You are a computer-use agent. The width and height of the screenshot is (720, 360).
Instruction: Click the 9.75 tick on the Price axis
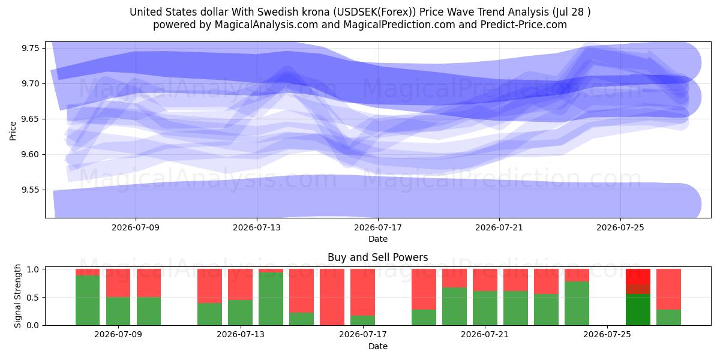[x=30, y=48]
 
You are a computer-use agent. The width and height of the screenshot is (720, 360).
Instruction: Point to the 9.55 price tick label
[x=30, y=190]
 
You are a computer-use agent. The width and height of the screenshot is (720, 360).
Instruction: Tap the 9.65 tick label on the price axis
[x=30, y=119]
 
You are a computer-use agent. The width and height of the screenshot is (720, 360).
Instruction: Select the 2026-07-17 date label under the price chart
[x=378, y=227]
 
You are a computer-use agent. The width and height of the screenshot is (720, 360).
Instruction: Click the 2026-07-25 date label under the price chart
[x=620, y=227]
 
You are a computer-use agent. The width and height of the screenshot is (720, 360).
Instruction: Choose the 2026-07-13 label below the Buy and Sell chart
[x=241, y=334]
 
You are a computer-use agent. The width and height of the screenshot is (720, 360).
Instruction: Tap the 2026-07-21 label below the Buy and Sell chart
[x=485, y=334]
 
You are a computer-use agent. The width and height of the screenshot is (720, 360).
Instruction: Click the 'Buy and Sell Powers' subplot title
[x=377, y=257]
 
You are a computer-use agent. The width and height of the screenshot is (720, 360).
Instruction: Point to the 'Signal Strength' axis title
[x=17, y=296]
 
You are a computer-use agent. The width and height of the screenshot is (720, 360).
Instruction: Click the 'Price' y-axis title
[x=13, y=131]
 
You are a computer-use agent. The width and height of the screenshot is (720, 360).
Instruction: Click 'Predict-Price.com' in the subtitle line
[x=524, y=25]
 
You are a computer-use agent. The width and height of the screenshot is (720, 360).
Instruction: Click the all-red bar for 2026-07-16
[x=332, y=297]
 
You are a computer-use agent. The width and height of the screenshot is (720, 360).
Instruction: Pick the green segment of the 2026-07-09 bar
[x=118, y=311]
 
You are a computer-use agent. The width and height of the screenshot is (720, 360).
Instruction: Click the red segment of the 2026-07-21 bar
[x=485, y=280]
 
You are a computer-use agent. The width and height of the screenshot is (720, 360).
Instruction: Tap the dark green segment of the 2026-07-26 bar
[x=638, y=310]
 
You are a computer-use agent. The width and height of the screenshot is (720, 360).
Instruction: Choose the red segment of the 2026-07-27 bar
[x=668, y=289]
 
